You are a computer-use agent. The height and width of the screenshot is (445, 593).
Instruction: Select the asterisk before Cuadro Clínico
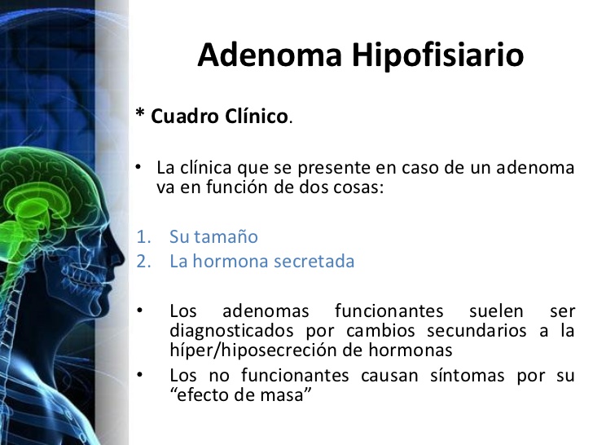(139, 114)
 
